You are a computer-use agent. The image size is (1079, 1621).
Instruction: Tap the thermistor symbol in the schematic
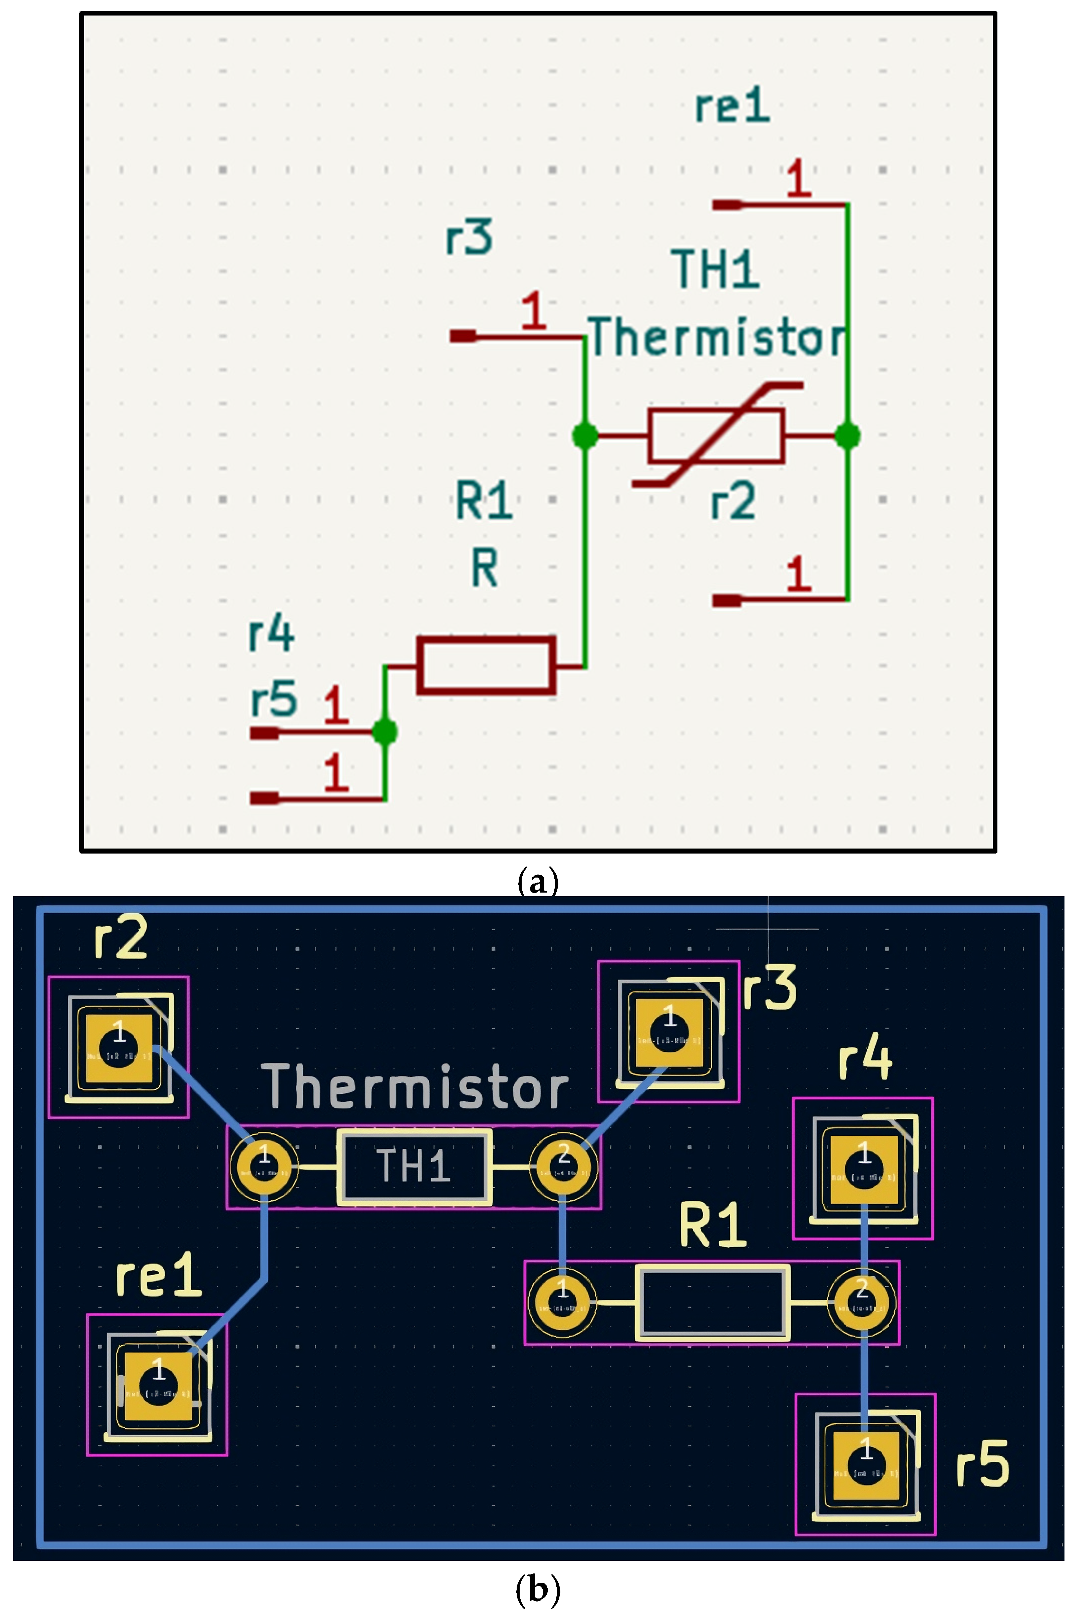pos(715,436)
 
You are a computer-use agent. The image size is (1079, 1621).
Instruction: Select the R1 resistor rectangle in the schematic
pos(486,665)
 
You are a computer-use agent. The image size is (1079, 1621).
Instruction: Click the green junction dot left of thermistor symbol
pos(585,436)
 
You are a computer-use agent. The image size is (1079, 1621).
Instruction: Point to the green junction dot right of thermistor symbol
pos(847,436)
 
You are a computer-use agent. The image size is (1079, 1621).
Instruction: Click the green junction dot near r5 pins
pos(385,731)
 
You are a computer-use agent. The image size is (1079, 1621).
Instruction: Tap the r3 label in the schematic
pos(469,237)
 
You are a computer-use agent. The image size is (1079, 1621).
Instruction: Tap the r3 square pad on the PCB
pos(669,1033)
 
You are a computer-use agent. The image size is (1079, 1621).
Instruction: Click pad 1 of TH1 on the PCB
pos(264,1167)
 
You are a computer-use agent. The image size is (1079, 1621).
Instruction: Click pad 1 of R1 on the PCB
pos(563,1303)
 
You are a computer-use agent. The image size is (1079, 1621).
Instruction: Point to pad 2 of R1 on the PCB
pos(862,1303)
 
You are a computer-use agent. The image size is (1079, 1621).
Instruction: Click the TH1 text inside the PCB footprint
pos(414,1167)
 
